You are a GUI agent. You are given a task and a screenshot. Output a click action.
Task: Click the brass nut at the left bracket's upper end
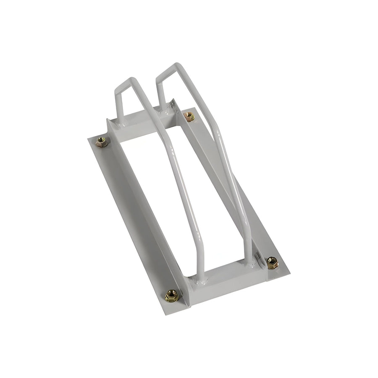point(101,142)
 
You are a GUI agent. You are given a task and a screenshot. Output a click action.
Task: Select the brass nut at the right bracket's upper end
point(189,116)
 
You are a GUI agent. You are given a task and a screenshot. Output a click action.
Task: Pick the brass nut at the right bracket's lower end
point(272,262)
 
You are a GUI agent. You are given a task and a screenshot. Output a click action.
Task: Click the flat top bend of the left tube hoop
point(125,83)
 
